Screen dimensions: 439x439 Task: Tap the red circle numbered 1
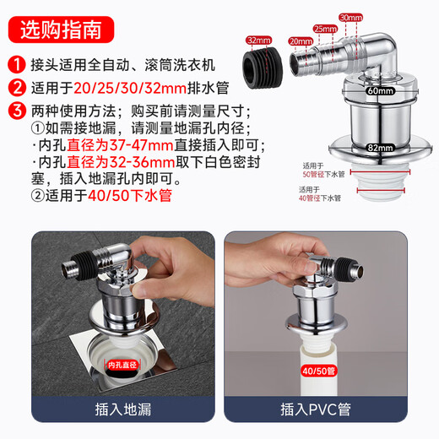coord(15,64)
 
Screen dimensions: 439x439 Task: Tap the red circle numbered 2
coord(15,87)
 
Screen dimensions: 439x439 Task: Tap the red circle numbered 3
coord(15,110)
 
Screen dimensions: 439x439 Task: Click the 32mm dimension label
coord(257,39)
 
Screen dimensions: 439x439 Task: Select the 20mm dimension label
coord(301,40)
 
